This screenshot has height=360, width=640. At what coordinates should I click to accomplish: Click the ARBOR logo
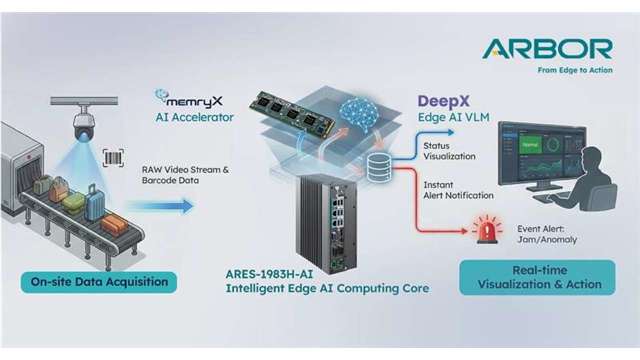[x=547, y=49]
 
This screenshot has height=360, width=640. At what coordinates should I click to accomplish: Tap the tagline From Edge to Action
[x=575, y=70]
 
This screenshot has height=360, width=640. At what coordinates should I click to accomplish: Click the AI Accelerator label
[x=194, y=117]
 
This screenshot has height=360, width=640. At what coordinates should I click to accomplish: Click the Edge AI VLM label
[x=453, y=118]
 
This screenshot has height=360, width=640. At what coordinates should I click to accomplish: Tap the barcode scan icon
[x=113, y=158]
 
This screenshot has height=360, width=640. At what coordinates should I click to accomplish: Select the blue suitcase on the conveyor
[x=95, y=202]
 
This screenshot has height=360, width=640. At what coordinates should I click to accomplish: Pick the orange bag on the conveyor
[x=115, y=224]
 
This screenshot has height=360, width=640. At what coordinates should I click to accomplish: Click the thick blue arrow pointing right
[x=160, y=206]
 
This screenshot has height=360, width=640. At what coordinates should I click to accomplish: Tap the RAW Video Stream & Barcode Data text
[x=185, y=175]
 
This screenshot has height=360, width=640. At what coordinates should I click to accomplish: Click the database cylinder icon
[x=379, y=167]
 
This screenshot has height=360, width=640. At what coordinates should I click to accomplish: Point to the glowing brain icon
[x=359, y=115]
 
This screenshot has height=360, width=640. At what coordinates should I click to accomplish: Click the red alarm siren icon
[x=487, y=229]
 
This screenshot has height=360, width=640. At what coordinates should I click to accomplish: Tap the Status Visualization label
[x=449, y=151]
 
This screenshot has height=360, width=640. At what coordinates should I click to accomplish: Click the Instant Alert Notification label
[x=458, y=190]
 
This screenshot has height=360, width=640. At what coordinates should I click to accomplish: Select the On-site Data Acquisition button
[x=99, y=282]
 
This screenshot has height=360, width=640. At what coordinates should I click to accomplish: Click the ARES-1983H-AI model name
[x=269, y=274]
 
